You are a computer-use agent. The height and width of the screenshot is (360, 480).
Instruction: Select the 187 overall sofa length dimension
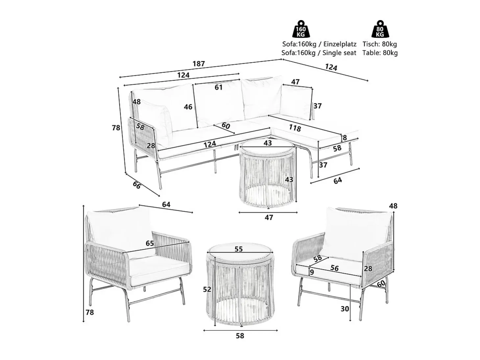[199, 64]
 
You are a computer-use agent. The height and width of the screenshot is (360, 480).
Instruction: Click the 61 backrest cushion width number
[218, 87]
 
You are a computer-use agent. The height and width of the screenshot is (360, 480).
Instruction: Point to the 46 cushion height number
[188, 107]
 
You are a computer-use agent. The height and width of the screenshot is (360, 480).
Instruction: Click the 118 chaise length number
[295, 128]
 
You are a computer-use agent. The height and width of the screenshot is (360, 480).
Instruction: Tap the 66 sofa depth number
[137, 185]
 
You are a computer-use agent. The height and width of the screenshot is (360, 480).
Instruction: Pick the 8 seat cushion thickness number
[345, 138]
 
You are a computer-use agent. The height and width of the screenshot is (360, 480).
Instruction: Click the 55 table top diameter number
[239, 249]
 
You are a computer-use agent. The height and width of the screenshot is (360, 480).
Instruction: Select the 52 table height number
[207, 289]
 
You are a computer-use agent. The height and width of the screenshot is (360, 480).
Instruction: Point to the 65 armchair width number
[150, 244]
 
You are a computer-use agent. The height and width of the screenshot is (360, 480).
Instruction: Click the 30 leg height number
[345, 309]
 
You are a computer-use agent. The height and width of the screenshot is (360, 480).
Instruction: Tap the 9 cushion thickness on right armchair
[312, 272]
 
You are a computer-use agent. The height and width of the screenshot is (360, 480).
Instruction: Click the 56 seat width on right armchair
[335, 268]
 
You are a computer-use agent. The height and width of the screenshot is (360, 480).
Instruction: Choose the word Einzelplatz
[340, 44]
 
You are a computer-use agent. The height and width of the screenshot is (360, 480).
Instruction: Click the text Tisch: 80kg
[380, 44]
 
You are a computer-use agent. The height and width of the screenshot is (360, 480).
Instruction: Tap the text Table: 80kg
[380, 53]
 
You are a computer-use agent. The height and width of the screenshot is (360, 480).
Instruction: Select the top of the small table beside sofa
[268, 147]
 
